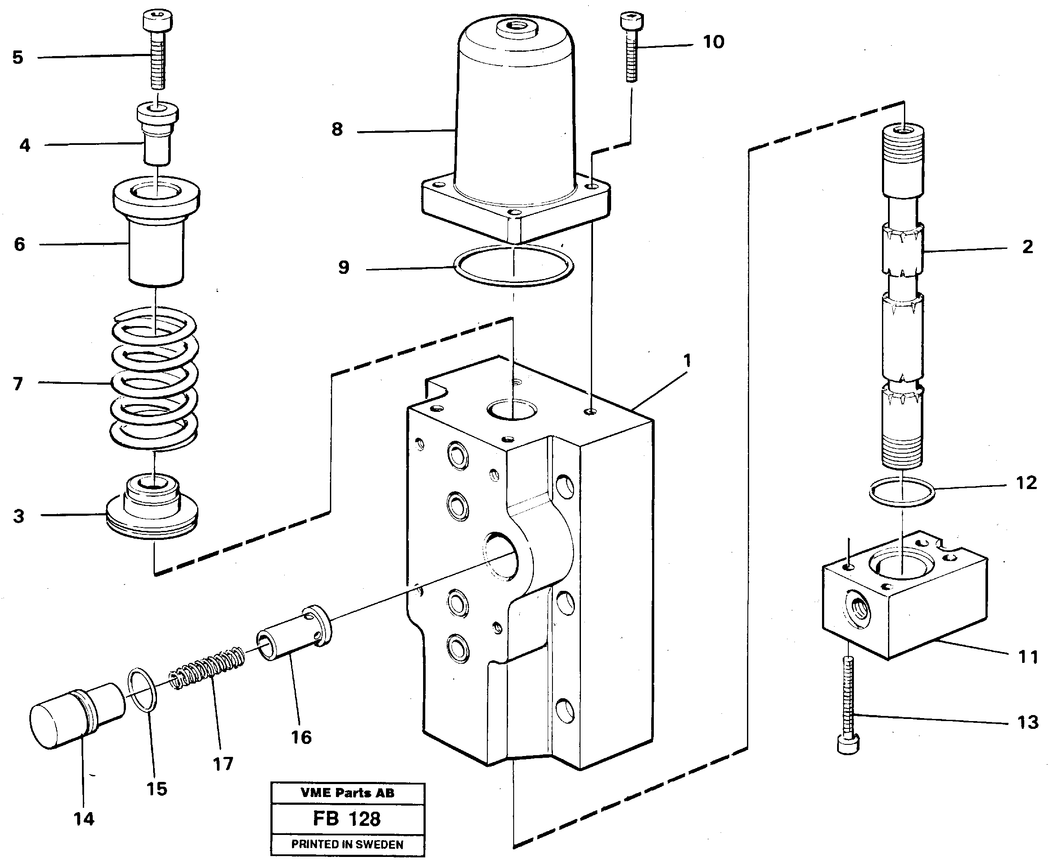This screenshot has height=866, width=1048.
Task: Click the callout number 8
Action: [337, 130]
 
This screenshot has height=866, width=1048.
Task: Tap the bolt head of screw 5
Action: [157, 21]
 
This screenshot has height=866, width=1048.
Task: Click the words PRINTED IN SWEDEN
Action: [347, 844]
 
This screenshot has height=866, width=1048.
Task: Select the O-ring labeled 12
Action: [902, 491]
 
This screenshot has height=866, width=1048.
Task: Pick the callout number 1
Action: [687, 360]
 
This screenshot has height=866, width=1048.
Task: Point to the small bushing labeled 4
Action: [157, 135]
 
